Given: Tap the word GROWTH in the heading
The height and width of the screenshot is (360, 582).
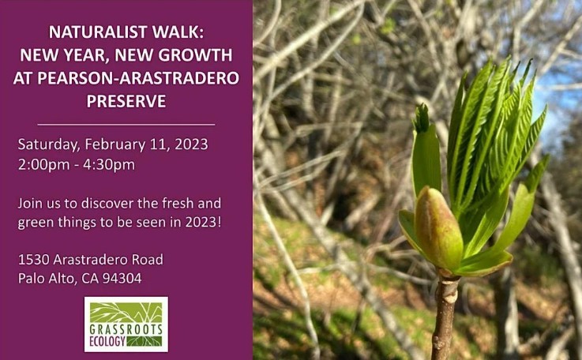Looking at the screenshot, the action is (196, 55).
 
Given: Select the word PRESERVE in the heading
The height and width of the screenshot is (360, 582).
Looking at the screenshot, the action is (126, 101).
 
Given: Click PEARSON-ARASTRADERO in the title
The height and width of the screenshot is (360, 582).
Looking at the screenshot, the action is (138, 78).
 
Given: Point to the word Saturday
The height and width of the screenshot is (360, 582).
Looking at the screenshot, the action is (49, 144).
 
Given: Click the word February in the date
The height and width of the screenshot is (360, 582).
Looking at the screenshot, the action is (115, 144).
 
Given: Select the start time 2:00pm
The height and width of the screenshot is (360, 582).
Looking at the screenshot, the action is (43, 164).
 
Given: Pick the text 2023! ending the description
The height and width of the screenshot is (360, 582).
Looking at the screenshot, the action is (204, 222).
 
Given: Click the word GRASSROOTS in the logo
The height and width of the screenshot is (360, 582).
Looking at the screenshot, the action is (126, 329).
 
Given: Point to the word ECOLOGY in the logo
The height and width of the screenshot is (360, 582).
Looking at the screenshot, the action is (107, 341).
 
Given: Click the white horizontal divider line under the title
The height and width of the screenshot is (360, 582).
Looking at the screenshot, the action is (126, 125).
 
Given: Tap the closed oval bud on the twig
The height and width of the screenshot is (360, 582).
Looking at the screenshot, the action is (438, 228).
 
